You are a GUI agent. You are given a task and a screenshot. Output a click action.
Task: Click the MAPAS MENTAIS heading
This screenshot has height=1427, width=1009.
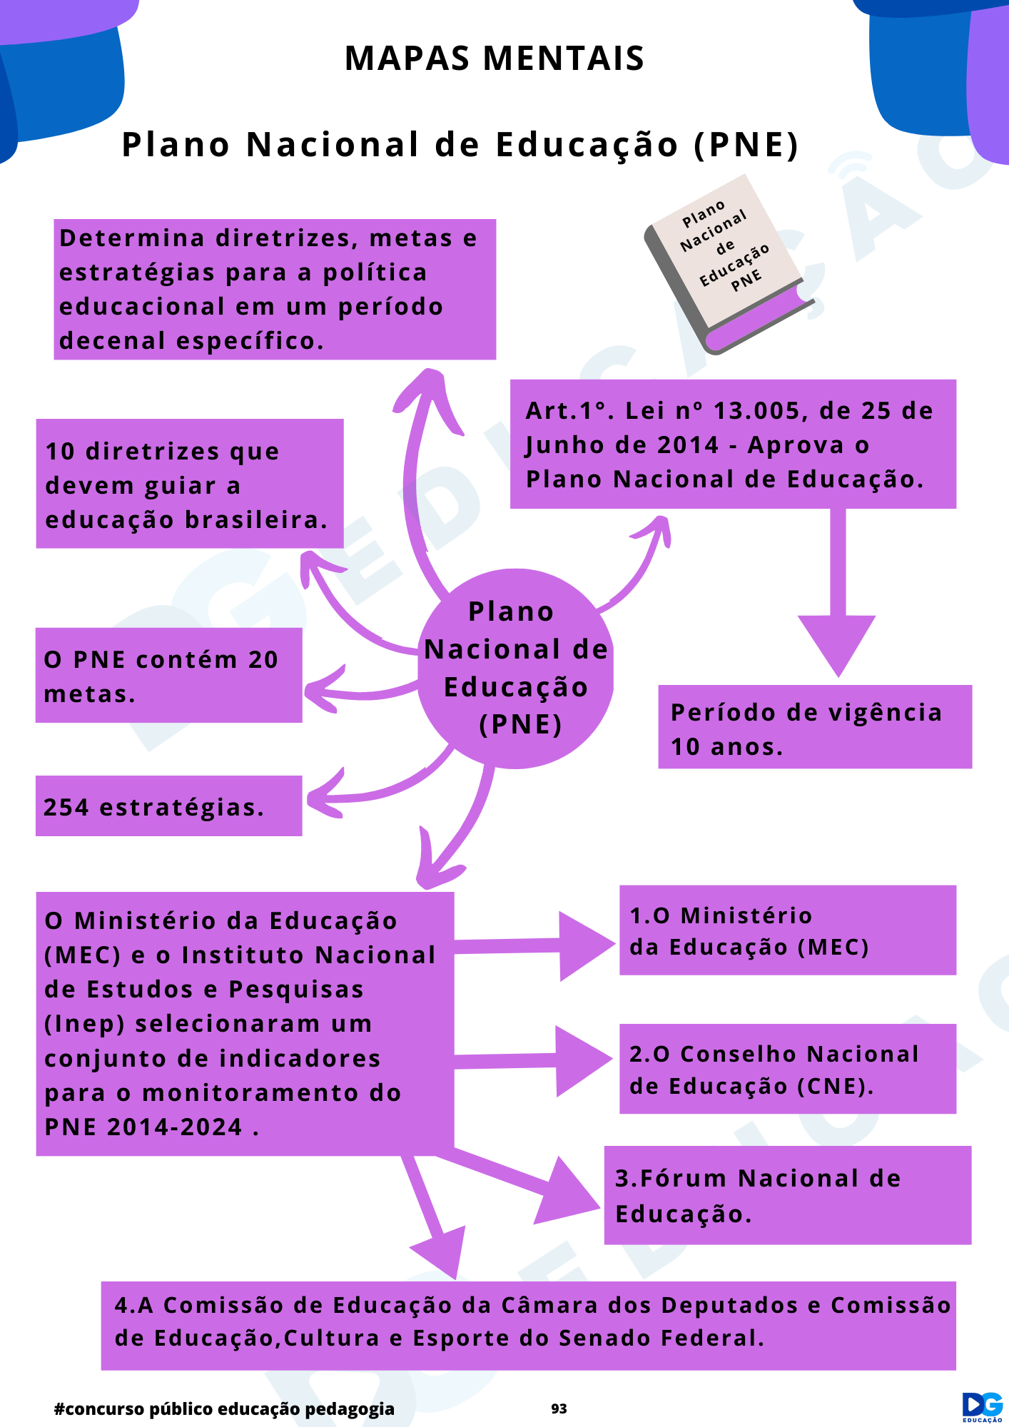495,59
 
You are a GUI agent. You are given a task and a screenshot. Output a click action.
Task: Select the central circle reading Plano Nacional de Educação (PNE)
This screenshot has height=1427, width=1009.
515,669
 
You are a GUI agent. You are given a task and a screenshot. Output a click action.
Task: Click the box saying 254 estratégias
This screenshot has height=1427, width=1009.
169,806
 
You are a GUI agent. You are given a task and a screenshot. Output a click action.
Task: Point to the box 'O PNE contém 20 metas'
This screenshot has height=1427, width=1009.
169,675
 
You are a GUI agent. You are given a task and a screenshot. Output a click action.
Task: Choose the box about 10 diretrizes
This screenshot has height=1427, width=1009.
190,484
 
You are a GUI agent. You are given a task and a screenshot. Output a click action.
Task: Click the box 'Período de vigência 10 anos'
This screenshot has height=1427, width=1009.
815,726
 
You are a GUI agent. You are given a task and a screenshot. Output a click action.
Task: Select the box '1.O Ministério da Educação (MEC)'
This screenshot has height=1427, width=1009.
788,930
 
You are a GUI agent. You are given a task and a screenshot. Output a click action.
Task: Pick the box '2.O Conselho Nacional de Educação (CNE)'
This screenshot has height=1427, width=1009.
788,1069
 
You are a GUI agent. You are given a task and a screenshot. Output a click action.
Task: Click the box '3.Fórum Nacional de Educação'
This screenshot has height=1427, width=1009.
788,1195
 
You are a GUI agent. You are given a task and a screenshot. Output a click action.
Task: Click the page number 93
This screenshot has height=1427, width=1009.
559,1408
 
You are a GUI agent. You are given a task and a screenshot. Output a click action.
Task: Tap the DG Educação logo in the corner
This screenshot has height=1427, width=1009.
983,1406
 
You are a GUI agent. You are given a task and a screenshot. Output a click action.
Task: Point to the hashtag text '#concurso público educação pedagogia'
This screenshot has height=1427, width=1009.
224,1408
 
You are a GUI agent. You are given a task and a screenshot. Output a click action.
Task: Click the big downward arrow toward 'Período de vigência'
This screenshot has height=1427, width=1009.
838,592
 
